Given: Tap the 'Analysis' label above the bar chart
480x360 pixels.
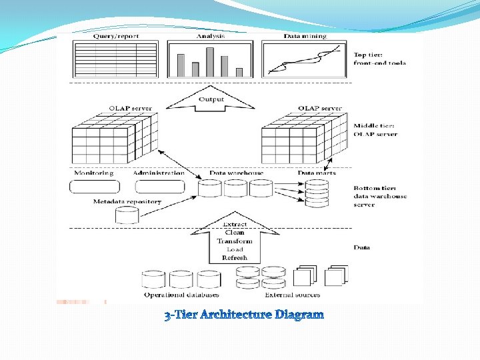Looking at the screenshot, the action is coord(211,36).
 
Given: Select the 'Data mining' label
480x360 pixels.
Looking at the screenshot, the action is coord(305,36).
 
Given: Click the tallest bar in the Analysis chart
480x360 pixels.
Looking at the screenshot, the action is coord(210,61).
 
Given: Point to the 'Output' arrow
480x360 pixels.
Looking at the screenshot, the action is coord(211,99).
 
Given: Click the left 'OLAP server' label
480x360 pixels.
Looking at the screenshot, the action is coord(131,108).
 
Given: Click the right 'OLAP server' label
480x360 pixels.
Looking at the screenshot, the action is coord(320,108).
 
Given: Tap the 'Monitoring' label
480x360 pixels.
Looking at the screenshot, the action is coord(94,173).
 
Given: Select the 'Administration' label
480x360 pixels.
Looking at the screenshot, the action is coord(159,173).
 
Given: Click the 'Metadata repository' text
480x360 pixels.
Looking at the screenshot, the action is coord(127,201).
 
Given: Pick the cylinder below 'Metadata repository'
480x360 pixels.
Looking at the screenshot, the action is coord(127,215).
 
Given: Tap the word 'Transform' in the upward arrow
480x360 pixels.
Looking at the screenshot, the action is coord(235,241).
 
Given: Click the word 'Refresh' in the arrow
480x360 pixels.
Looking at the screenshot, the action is coord(235,257).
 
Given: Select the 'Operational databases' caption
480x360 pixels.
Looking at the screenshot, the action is coord(181,295).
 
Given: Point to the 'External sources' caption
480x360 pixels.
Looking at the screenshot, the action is coord(292,295).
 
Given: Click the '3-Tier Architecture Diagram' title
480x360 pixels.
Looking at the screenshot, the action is coord(244,314).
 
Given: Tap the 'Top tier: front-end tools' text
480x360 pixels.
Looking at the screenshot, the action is coord(379,58).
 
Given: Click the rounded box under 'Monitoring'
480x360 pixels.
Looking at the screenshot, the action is coord(94,187).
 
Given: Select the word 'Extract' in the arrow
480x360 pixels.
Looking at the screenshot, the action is coord(235,225).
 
